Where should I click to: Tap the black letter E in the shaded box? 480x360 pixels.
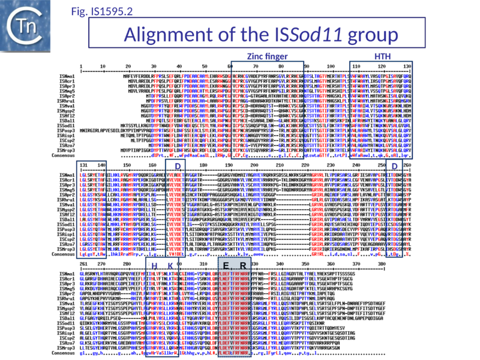226,266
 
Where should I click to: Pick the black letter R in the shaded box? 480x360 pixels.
242,266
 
